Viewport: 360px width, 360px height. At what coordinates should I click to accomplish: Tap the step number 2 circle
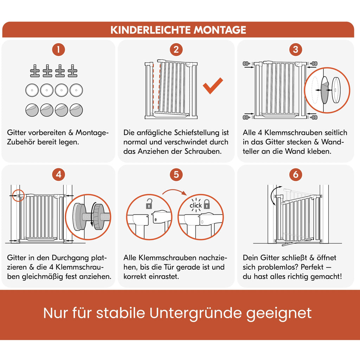[176, 50]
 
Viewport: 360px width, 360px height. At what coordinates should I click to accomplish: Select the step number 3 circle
[295, 50]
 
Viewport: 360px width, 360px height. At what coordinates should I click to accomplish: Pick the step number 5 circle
[176, 174]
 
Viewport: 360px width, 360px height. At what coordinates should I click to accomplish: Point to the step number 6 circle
[295, 174]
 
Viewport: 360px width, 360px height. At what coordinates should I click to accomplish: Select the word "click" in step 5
[196, 205]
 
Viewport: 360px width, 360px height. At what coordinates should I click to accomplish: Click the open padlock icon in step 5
[149, 203]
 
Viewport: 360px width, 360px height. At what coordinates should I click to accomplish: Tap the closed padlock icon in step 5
[207, 204]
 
